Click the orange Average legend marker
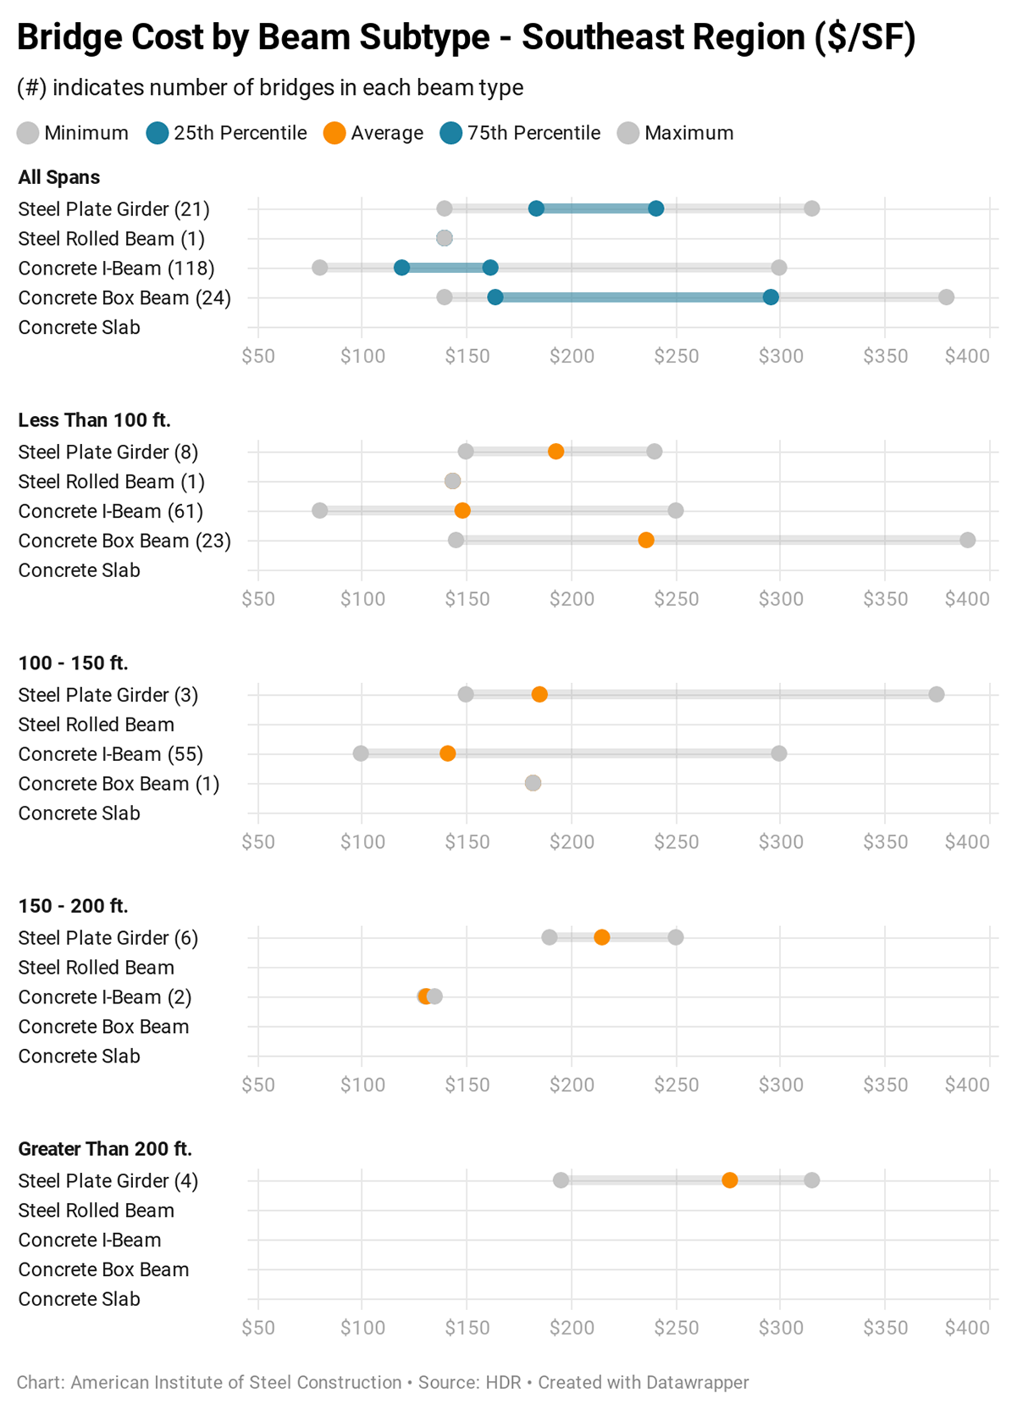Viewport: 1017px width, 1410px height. click(334, 133)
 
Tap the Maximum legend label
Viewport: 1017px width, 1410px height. click(688, 133)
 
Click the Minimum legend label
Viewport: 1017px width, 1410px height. click(86, 133)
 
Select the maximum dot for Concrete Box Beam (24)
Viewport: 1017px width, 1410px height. click(946, 297)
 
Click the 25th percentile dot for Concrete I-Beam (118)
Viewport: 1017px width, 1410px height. click(401, 268)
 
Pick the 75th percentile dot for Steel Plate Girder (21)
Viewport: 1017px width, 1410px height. click(655, 208)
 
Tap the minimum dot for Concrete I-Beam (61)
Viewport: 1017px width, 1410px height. click(319, 511)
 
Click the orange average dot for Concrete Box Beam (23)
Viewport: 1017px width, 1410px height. click(646, 541)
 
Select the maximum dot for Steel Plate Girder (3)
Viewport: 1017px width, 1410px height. click(936, 695)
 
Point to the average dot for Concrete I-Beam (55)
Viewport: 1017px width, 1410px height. click(447, 754)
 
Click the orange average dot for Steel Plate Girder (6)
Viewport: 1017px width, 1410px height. click(601, 937)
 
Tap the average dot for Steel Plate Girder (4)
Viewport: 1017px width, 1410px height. click(729, 1180)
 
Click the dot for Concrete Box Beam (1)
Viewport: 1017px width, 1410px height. click(533, 783)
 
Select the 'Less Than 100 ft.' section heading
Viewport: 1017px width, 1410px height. click(94, 420)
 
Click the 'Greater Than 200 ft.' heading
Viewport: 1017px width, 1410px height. click(105, 1149)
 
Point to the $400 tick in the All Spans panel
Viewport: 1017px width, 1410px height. click(967, 356)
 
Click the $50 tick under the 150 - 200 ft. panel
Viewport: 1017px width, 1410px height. click(257, 1085)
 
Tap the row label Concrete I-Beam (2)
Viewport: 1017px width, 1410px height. click(104, 997)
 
